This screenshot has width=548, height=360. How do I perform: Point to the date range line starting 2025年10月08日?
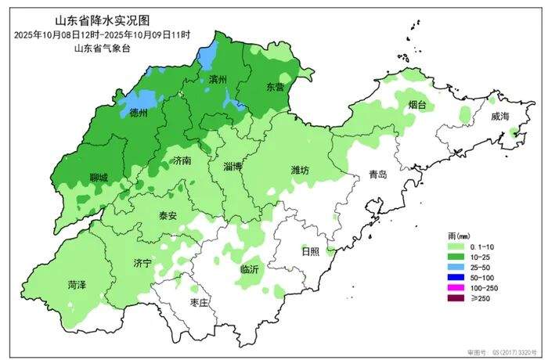pyautogui.click(x=101, y=34)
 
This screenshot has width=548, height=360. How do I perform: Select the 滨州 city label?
pyautogui.click(x=218, y=80)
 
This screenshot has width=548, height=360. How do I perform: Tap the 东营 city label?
pyautogui.click(x=275, y=86)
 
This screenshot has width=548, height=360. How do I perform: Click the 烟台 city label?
pyautogui.click(x=417, y=103)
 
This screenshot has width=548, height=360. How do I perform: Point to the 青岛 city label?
pyautogui.click(x=378, y=175)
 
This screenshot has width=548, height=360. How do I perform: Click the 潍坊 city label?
pyautogui.click(x=301, y=170)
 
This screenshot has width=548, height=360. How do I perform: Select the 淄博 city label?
pyautogui.click(x=233, y=167)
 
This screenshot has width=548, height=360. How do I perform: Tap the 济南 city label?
pyautogui.click(x=182, y=160)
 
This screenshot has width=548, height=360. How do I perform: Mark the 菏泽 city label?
pyautogui.click(x=78, y=286)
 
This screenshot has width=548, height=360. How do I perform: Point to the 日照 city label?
pyautogui.click(x=310, y=251)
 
